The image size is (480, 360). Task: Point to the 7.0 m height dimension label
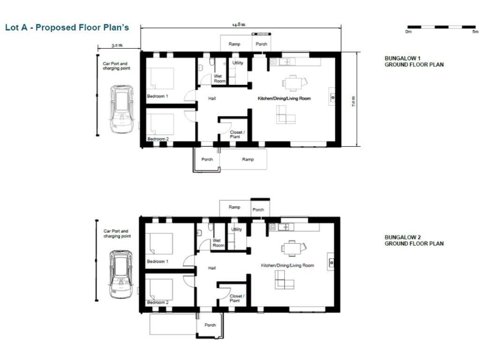point(353,101)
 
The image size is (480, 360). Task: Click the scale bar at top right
point(441,27)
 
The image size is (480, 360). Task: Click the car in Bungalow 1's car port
point(122,107)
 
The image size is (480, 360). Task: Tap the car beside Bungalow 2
point(120,272)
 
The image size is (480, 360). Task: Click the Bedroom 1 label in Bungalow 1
point(157,96)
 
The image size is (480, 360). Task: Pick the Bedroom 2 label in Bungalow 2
point(157,302)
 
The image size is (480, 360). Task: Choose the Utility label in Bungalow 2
point(236,229)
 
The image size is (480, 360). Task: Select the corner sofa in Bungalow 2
point(285,281)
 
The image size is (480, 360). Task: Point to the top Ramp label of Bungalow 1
point(234,44)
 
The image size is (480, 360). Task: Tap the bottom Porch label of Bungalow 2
point(210,325)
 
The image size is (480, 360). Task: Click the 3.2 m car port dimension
point(117,46)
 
